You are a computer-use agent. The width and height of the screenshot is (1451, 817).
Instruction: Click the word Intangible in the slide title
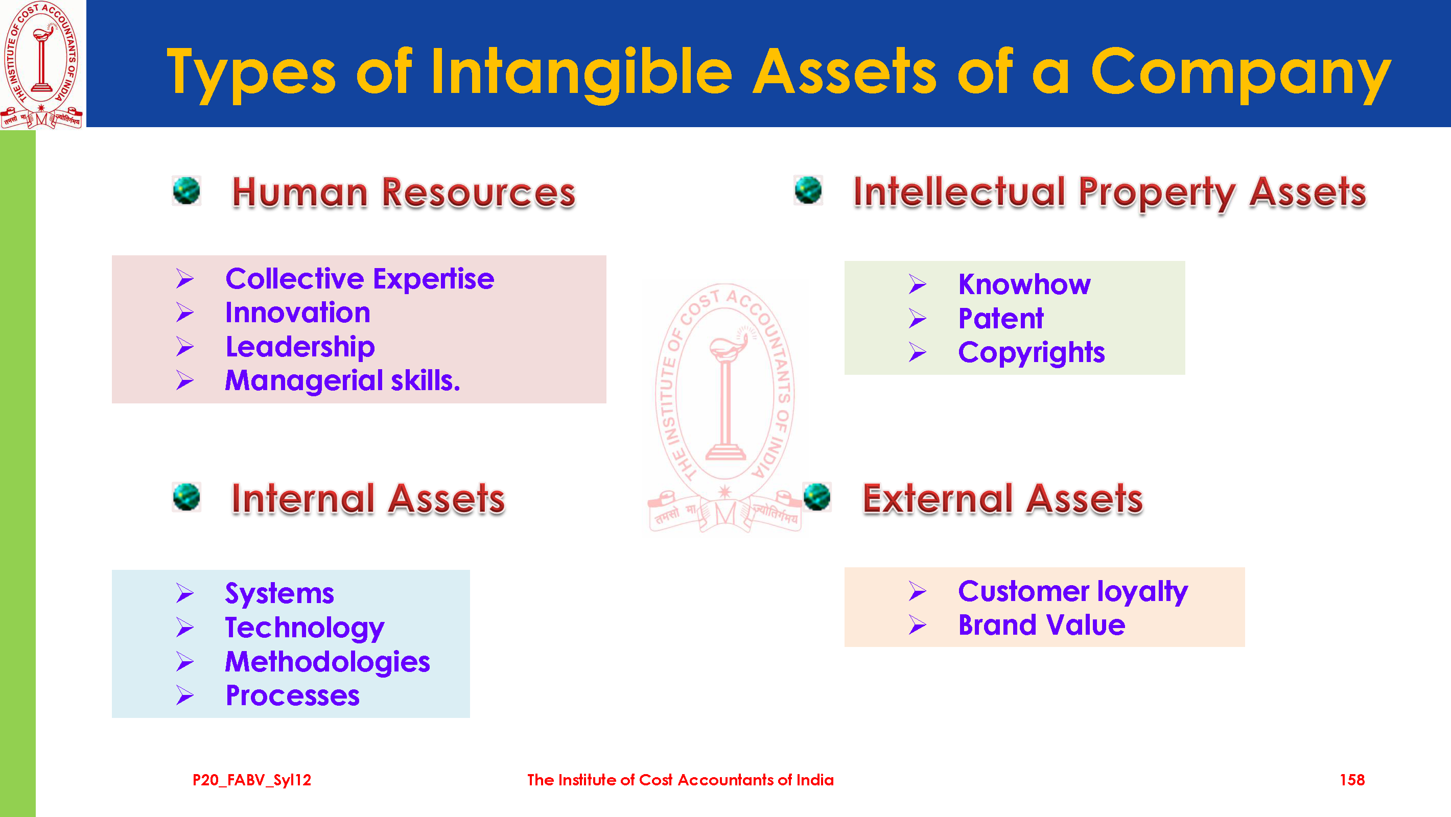581,74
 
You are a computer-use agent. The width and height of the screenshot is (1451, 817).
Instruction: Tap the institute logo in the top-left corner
42,64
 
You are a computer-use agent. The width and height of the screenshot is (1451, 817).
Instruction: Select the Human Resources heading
403,193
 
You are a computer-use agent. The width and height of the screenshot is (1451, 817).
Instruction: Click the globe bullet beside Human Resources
186,191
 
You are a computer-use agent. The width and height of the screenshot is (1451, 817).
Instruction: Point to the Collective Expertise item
359,279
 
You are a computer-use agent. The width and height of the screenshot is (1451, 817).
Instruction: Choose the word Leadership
300,347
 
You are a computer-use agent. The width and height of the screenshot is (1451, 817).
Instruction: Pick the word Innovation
297,313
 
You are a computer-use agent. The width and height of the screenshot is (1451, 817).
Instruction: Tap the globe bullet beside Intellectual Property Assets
808,190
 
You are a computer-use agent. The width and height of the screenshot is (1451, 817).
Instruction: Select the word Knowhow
1024,284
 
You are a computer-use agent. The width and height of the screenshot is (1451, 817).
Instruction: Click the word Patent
1000,319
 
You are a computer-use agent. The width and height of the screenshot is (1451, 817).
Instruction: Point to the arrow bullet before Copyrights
918,352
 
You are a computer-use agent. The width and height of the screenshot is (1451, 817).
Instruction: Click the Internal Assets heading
368,499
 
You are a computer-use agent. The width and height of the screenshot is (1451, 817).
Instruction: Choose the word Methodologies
327,662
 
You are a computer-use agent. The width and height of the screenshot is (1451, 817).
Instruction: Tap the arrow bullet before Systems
185,593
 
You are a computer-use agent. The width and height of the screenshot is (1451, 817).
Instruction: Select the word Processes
292,696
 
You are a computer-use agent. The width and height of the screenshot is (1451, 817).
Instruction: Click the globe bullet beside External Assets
817,497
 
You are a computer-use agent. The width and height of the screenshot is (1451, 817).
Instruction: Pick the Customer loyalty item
1073,591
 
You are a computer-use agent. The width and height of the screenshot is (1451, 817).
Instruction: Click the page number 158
1352,780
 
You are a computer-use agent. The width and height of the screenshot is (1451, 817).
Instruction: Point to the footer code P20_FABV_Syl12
252,780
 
